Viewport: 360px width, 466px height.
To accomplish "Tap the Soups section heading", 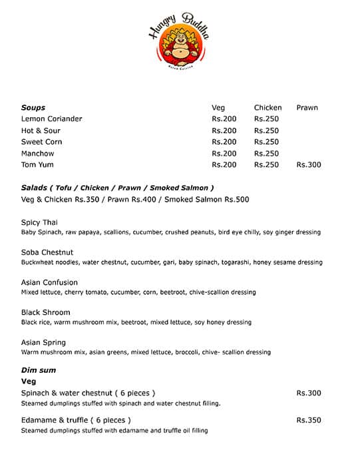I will (33, 107).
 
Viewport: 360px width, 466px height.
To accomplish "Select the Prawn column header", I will (307, 107).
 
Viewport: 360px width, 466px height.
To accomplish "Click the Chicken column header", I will (268, 107).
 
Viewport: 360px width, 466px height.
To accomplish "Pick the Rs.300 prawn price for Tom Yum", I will (308, 164).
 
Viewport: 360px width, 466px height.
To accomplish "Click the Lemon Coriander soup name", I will (52, 118).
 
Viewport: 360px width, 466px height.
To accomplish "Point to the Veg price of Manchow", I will (224, 153).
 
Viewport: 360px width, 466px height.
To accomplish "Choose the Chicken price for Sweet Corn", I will (266, 142).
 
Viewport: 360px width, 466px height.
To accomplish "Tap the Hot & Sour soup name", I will (41, 130).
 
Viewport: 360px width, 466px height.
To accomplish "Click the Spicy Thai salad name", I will (39, 222).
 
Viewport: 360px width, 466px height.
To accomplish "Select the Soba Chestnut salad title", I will (47, 252).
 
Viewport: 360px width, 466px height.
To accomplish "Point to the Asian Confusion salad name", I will (49, 282).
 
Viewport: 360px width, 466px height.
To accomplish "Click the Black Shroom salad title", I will (46, 312).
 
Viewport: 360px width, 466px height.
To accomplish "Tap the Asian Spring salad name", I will (45, 342).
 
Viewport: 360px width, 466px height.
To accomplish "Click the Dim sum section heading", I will (39, 370).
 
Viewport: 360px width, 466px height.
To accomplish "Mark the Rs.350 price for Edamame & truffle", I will (309, 420).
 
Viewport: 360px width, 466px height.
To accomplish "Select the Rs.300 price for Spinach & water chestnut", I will (309, 393).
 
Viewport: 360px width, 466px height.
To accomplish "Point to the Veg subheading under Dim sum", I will (29, 381).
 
